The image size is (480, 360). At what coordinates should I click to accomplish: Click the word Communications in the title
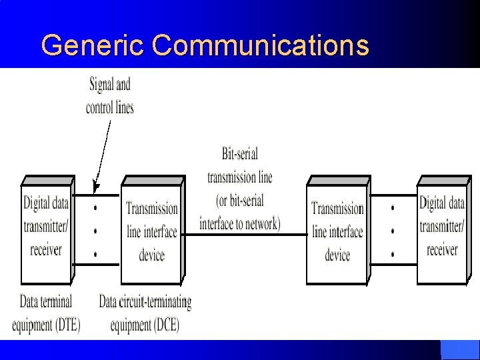coord(260,46)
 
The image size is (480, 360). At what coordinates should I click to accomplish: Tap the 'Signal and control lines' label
coord(110,95)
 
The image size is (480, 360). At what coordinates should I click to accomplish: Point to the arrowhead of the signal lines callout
coord(95,187)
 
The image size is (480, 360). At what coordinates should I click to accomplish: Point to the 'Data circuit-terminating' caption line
coord(145,302)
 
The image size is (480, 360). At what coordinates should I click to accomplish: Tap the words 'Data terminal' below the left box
coord(46,302)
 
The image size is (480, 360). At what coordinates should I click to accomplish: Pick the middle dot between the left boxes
coord(97,231)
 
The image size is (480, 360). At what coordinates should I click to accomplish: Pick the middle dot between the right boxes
coord(393,231)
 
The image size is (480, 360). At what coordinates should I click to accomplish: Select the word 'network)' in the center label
coord(258,224)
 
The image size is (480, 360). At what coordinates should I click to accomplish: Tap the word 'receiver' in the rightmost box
coord(442,250)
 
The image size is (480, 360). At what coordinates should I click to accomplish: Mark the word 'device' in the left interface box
coord(151,255)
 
